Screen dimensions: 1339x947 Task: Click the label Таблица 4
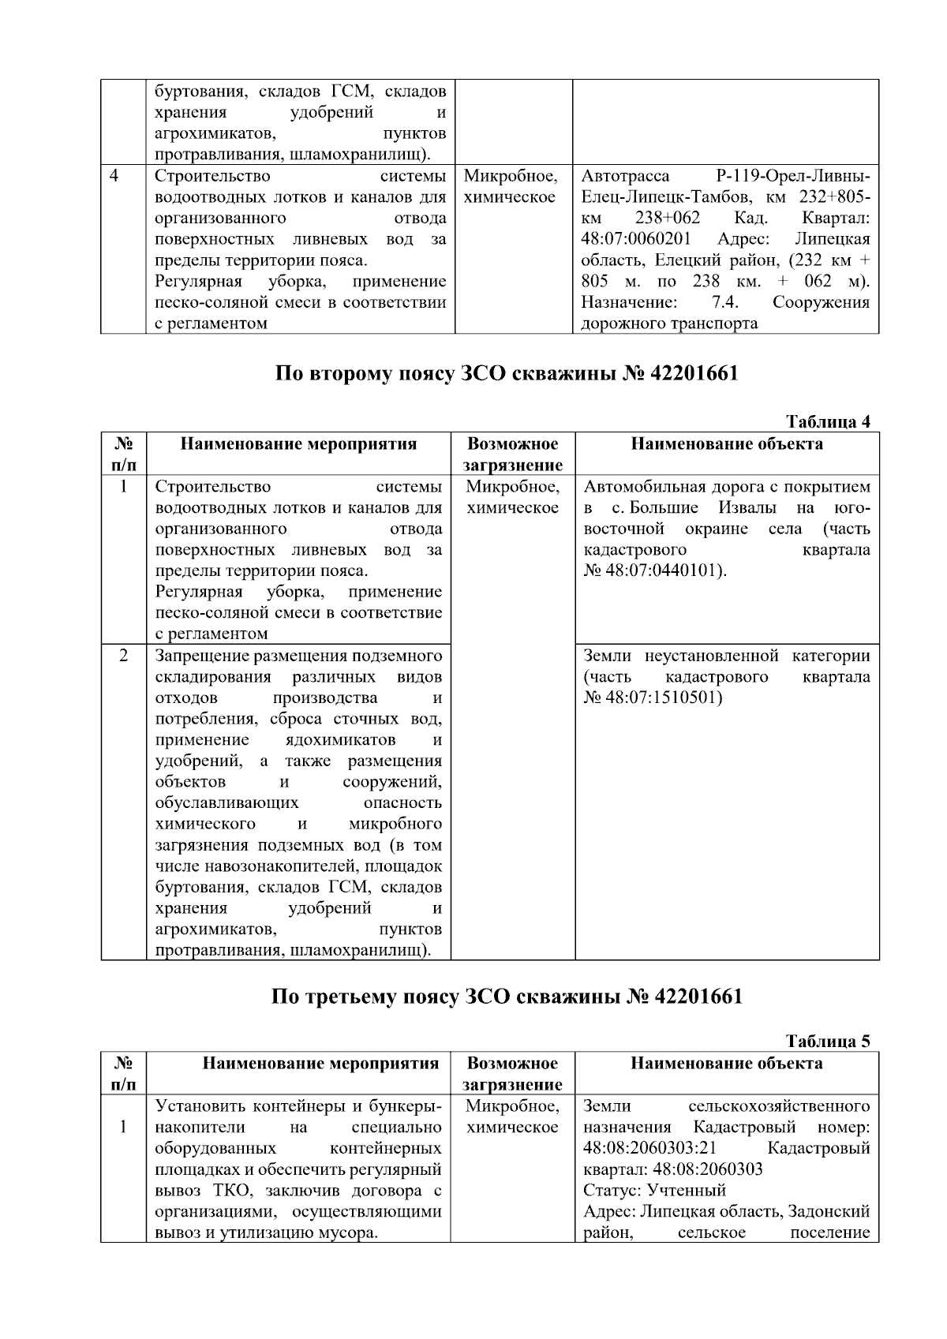click(x=828, y=422)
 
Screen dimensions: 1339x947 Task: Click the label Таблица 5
click(x=828, y=1042)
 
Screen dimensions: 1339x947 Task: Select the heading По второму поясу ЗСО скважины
click(x=507, y=373)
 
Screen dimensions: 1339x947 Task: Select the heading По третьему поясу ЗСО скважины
click(x=507, y=997)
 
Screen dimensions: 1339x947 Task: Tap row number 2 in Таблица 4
click(x=124, y=656)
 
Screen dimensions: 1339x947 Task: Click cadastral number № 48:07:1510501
click(x=653, y=698)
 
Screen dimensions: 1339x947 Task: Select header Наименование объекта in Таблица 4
click(x=726, y=444)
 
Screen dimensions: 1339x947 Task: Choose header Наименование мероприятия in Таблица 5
click(x=320, y=1064)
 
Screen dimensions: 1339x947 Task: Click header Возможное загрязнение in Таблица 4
click(x=512, y=454)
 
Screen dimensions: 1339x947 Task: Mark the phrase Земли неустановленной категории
click(x=726, y=656)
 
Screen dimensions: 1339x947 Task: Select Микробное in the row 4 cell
click(x=511, y=176)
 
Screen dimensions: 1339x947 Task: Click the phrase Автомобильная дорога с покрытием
click(x=726, y=487)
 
